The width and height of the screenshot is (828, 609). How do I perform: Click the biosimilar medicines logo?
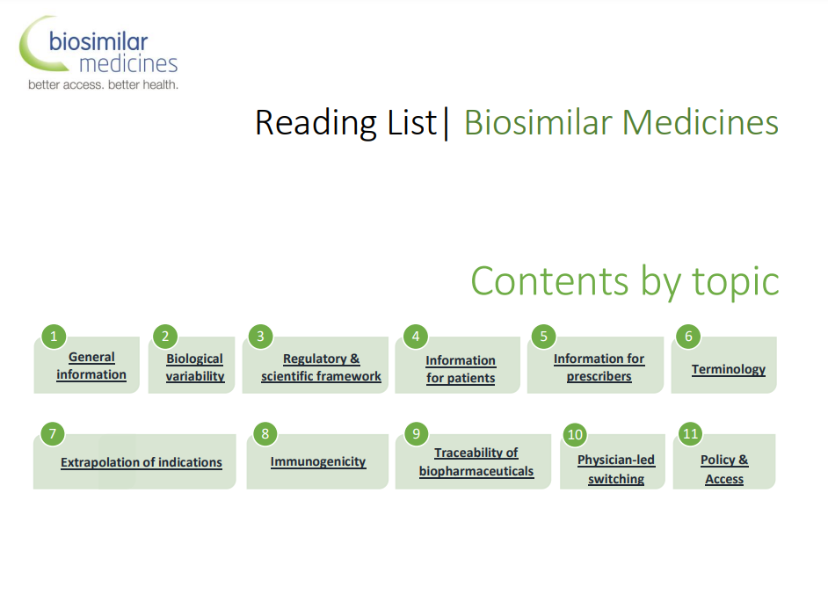(98, 52)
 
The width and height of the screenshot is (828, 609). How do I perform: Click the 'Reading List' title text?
(346, 122)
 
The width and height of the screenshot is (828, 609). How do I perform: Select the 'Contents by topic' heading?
(625, 282)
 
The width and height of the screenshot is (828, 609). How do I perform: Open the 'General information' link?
(91, 366)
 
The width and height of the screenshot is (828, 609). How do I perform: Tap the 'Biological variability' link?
(195, 367)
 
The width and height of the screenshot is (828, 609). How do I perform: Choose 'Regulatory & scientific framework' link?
(321, 367)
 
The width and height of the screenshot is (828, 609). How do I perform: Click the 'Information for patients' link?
(461, 369)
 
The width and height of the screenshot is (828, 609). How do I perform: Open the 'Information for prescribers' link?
(599, 367)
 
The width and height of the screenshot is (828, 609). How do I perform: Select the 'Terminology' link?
(729, 369)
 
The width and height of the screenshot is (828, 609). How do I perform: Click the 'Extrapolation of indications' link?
(141, 462)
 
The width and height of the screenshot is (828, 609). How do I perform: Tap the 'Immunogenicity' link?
(318, 461)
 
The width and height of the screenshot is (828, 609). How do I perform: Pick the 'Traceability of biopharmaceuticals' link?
(476, 461)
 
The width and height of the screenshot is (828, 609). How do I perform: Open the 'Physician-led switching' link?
(615, 469)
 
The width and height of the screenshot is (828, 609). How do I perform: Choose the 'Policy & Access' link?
(724, 469)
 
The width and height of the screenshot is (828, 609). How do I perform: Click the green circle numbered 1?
(54, 337)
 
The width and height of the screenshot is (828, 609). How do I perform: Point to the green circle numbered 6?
(688, 337)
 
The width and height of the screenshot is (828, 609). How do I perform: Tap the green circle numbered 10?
(575, 435)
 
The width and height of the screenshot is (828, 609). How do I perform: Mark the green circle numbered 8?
(265, 434)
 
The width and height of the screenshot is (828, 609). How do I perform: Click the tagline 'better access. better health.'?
(103, 84)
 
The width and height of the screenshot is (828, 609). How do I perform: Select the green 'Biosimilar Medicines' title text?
(621, 122)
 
